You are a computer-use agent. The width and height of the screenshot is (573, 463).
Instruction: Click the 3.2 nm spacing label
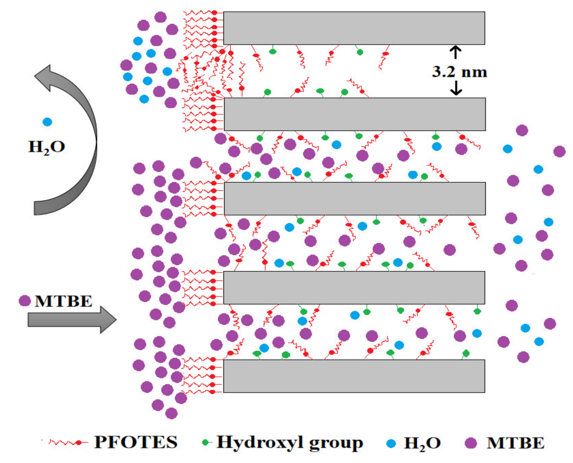click(x=459, y=72)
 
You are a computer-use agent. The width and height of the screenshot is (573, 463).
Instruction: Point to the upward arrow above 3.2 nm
click(x=456, y=52)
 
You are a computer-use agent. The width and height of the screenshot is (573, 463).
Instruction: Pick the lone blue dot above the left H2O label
click(x=47, y=122)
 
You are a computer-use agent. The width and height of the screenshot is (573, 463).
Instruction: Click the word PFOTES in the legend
click(x=136, y=442)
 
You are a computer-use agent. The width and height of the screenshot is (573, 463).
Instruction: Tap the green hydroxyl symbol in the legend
click(x=206, y=443)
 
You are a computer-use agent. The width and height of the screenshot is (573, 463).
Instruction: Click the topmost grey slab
click(x=354, y=28)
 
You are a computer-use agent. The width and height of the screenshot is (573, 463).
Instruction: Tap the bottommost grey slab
click(x=354, y=376)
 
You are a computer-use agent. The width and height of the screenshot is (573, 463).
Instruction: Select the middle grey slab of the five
click(x=354, y=198)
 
